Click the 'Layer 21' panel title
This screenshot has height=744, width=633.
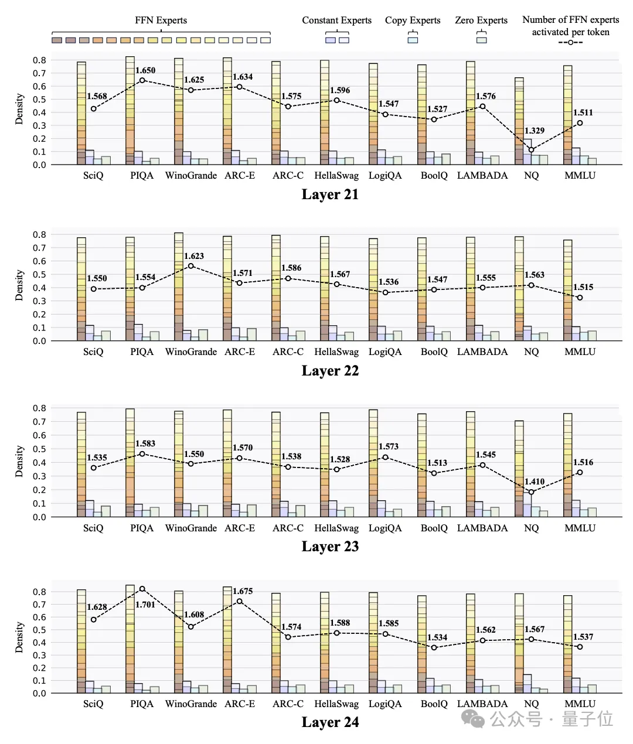pyautogui.click(x=330, y=194)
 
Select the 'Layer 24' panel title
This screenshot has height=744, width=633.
pyautogui.click(x=330, y=722)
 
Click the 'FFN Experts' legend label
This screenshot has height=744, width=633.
pyautogui.click(x=161, y=21)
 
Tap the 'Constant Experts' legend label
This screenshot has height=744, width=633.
pyautogui.click(x=336, y=21)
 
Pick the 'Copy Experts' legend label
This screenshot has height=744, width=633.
pyautogui.click(x=413, y=21)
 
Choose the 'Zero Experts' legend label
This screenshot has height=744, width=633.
pyautogui.click(x=481, y=21)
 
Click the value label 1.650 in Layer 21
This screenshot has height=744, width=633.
pyautogui.click(x=145, y=71)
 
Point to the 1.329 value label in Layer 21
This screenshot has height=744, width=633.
pyautogui.click(x=535, y=131)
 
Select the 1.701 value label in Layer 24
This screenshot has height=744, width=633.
pyautogui.click(x=145, y=605)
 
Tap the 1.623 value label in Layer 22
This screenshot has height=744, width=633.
pyautogui.click(x=194, y=256)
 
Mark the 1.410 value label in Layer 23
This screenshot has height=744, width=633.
pyautogui.click(x=535, y=482)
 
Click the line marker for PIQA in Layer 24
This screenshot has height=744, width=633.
pyautogui.click(x=142, y=589)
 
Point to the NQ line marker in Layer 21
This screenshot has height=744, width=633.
pyautogui.click(x=532, y=150)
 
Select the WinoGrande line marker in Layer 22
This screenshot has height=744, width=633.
pyautogui.click(x=191, y=266)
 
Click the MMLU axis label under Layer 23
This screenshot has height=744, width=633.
pyautogui.click(x=580, y=528)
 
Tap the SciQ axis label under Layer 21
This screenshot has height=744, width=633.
pyautogui.click(x=93, y=176)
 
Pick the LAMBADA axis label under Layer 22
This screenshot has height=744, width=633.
pyautogui.click(x=482, y=352)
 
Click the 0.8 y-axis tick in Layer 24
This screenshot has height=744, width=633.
pyautogui.click(x=39, y=592)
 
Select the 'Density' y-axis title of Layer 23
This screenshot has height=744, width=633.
pyautogui.click(x=19, y=461)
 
